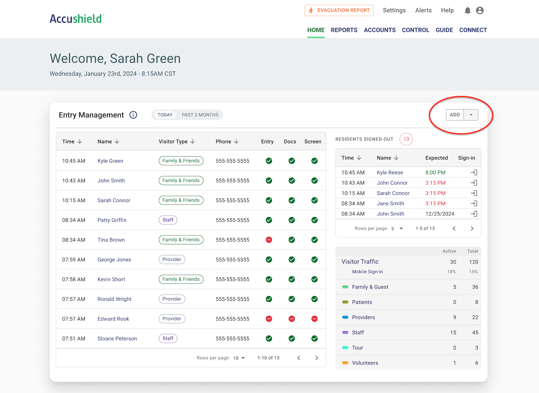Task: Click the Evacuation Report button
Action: [339, 10]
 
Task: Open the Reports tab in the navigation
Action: [344, 30]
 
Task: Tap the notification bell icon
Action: [467, 11]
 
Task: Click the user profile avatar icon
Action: [480, 11]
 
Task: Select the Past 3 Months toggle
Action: [200, 115]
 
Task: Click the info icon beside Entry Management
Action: [133, 115]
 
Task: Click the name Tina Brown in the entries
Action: [111, 240]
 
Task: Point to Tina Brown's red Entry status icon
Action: [269, 240]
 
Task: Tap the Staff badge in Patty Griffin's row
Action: [168, 220]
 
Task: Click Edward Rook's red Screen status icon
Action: [314, 319]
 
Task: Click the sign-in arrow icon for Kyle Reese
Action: [474, 172]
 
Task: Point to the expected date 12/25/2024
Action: [440, 214]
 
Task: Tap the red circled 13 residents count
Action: [406, 139]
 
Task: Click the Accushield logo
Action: [77, 19]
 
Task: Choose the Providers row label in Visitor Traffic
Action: [363, 317]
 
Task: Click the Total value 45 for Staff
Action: [475, 333]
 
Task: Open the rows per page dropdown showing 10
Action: [239, 358]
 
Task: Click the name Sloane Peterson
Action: [117, 339]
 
